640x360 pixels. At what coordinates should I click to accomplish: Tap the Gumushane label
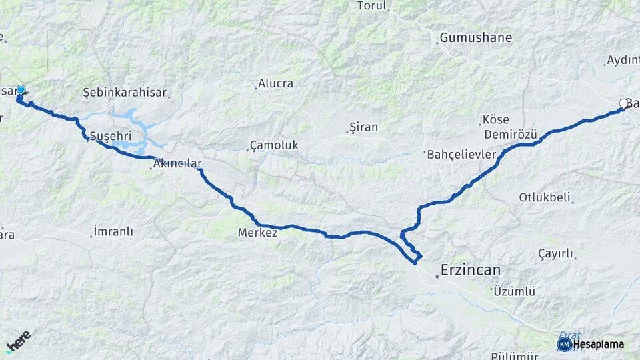tap(476, 38)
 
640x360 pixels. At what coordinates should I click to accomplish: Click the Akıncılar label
tap(177, 163)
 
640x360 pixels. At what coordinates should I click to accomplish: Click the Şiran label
tap(363, 127)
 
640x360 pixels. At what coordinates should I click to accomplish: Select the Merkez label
tap(257, 233)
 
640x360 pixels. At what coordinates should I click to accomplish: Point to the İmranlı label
tap(113, 232)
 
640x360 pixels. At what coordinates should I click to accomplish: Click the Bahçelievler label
tap(461, 155)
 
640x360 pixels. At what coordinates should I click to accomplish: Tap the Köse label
tap(495, 121)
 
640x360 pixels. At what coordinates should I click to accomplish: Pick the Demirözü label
tap(511, 135)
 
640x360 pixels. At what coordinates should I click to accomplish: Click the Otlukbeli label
tap(545, 197)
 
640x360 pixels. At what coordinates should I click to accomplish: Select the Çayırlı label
tap(555, 253)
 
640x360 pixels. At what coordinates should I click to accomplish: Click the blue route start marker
tap(21, 91)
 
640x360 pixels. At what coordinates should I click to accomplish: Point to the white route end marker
tap(624, 103)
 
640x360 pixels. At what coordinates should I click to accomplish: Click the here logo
tap(18, 341)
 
